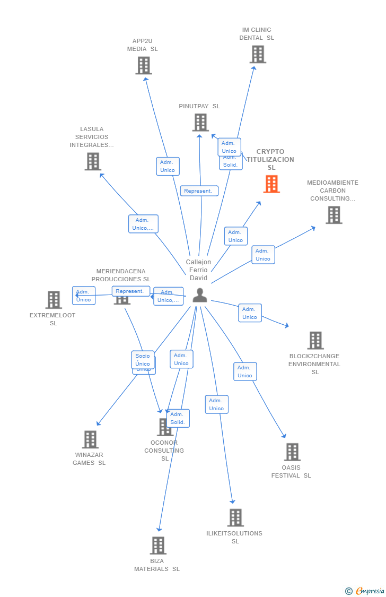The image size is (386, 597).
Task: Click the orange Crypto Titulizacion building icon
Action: (x=271, y=184)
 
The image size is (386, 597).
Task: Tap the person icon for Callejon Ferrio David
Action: (x=200, y=295)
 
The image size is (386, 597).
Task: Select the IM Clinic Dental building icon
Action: (x=258, y=54)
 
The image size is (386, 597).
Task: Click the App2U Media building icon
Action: (x=143, y=66)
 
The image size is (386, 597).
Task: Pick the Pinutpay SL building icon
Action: (x=200, y=123)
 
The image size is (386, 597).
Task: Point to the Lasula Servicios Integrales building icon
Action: (x=93, y=161)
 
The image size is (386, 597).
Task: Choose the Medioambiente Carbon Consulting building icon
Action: (x=334, y=215)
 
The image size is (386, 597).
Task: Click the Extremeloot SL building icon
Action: (x=54, y=300)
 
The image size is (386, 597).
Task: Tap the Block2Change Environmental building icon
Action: (x=315, y=341)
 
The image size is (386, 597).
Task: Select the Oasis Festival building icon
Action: (x=292, y=452)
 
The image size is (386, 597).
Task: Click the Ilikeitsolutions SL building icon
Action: (x=235, y=517)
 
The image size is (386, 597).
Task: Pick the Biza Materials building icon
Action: (x=157, y=545)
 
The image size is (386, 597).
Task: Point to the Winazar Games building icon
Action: (x=90, y=439)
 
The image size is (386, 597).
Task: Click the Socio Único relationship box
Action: (x=143, y=360)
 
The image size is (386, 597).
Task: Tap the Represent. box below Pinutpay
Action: (x=199, y=191)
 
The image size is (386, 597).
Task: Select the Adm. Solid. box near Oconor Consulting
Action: (x=178, y=418)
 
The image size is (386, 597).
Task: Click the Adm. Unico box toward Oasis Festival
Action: (x=245, y=371)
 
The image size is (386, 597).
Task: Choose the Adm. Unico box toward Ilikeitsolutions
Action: (x=216, y=404)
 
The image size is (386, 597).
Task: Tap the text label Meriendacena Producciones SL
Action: (x=121, y=275)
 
